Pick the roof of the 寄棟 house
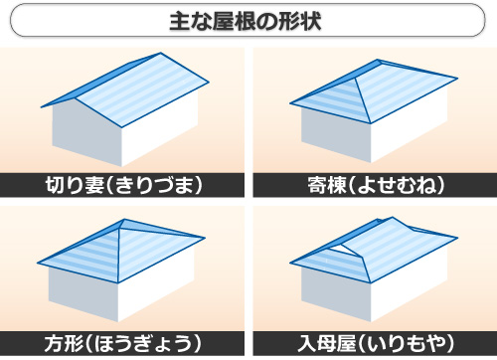point(388,85)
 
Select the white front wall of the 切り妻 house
point(159,134)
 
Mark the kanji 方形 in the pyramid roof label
point(70,343)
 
